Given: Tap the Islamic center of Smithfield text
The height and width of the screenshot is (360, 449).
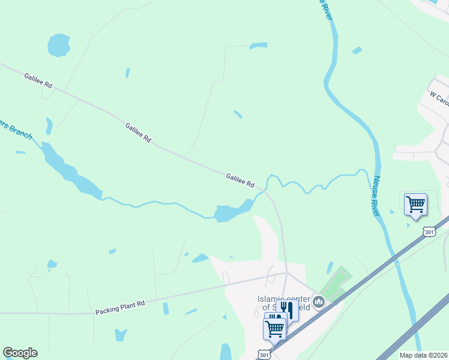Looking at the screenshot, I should [x=283, y=302].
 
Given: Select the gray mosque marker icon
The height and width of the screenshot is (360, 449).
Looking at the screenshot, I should [x=319, y=301].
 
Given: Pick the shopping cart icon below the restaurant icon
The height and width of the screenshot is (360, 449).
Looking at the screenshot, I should [x=274, y=328].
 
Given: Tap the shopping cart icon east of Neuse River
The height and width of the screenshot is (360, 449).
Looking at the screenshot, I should [x=415, y=204].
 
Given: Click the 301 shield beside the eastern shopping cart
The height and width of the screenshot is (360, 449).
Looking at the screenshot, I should [x=429, y=231].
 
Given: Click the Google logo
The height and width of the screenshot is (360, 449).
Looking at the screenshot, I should [x=20, y=353].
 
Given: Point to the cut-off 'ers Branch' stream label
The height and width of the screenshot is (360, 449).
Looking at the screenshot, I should [x=15, y=129].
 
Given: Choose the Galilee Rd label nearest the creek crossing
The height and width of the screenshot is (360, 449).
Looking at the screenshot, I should [x=241, y=180].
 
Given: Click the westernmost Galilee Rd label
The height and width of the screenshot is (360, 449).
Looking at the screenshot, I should [x=38, y=81].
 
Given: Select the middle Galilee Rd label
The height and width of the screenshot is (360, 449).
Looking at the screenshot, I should [x=139, y=132].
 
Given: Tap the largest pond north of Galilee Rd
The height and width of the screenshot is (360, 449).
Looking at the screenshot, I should [x=59, y=45].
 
